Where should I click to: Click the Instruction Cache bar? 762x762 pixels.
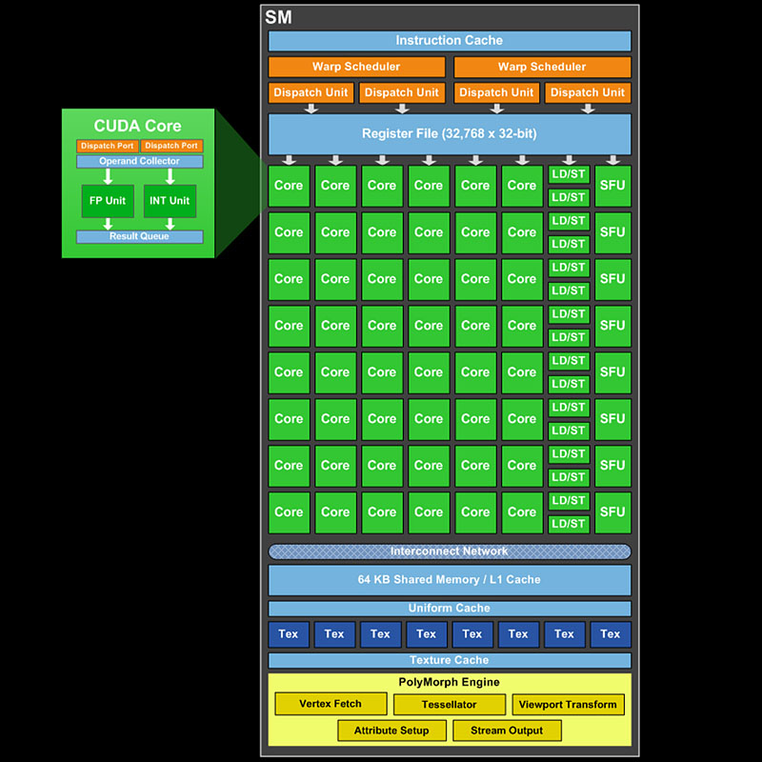point(449,41)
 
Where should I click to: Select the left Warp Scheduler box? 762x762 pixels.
point(356,67)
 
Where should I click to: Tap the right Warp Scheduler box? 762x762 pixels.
point(542,67)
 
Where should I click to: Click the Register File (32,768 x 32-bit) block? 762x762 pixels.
point(449,133)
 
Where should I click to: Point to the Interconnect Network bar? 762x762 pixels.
point(449,551)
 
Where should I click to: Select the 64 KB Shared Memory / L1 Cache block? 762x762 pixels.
point(449,579)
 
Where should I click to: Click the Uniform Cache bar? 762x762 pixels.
point(449,609)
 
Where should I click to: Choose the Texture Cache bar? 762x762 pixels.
point(449,660)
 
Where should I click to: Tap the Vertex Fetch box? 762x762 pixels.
point(331,704)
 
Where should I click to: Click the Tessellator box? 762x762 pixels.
point(449,705)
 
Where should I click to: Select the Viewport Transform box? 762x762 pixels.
point(569,705)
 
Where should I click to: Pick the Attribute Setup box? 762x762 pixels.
point(391,731)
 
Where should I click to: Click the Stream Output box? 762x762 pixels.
point(507,731)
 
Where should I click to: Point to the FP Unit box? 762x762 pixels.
point(109,201)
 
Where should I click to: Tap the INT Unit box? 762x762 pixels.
point(170,201)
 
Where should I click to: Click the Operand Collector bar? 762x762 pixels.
point(139,162)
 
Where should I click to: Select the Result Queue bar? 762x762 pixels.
point(139,236)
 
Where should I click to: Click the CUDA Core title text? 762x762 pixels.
point(137,126)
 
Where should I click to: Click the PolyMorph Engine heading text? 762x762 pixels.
point(449,682)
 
